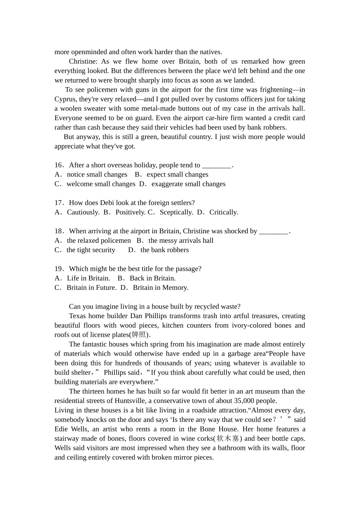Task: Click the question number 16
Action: [58, 165]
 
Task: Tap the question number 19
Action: [58, 269]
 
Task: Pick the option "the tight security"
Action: [91, 250]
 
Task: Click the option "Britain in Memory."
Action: [161, 288]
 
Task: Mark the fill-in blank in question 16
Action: [216, 165]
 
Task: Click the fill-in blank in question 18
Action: [274, 231]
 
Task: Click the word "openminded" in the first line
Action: [88, 52]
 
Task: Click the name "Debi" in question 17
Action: [107, 203]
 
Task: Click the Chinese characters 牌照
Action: [139, 335]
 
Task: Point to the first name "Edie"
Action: [62, 429]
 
